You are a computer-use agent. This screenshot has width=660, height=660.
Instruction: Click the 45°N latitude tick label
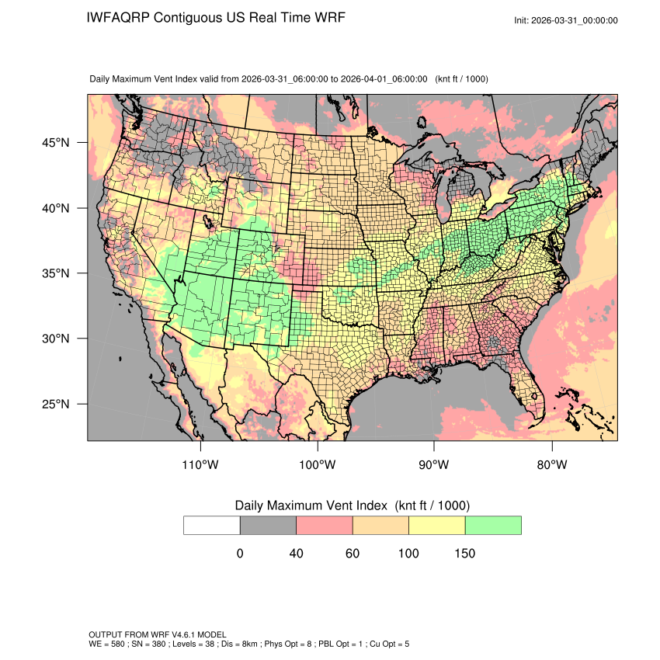tap(55, 143)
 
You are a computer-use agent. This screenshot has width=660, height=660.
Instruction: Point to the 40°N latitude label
tap(55, 208)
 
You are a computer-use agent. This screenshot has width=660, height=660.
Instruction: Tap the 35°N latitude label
tap(55, 273)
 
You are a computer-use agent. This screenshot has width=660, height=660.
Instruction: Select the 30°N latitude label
tap(55, 339)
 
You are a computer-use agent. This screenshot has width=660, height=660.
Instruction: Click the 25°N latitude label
tap(55, 404)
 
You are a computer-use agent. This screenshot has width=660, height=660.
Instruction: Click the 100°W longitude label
tap(318, 465)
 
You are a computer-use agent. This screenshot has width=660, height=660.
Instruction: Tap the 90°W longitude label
tap(434, 465)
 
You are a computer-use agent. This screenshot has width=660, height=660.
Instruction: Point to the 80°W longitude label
tap(551, 465)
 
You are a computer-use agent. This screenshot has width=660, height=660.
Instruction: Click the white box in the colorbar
tap(212, 525)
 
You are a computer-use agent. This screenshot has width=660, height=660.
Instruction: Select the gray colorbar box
tap(268, 525)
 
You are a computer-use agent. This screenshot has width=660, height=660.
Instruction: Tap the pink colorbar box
tap(325, 525)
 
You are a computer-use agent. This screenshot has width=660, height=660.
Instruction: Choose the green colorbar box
tap(493, 525)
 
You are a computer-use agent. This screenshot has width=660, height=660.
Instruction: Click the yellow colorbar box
tap(436, 525)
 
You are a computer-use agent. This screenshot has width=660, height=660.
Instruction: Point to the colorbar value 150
tap(464, 554)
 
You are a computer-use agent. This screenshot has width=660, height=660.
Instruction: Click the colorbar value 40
tap(296, 554)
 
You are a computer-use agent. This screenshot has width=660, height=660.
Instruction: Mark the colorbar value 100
tap(408, 554)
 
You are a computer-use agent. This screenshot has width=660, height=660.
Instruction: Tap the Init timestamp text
tap(566, 20)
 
